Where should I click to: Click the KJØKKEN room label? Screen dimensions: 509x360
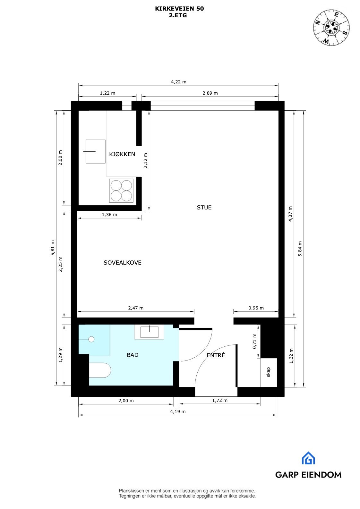click(x=122, y=154)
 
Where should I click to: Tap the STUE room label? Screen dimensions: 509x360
click(x=204, y=208)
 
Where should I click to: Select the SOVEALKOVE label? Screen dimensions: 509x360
click(x=122, y=263)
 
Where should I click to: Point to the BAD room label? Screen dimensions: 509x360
click(x=133, y=355)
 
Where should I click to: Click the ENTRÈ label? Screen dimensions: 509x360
click(x=216, y=355)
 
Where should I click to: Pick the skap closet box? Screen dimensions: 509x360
click(x=269, y=372)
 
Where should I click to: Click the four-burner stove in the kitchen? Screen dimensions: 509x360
click(x=121, y=191)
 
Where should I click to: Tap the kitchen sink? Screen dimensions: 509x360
click(x=96, y=151)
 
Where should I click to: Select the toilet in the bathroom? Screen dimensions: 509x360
click(x=100, y=370)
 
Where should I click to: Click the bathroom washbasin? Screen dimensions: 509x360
click(x=150, y=332)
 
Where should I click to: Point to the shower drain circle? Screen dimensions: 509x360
click(x=91, y=339)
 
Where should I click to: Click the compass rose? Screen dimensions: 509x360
click(x=331, y=28)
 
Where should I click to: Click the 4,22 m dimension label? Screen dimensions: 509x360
click(x=178, y=82)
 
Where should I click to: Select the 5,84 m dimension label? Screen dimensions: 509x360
click(x=300, y=249)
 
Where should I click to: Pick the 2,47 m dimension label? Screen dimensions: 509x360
click(x=136, y=308)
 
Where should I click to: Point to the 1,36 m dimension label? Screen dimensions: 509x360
click(x=109, y=215)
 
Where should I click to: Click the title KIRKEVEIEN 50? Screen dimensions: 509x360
click(x=179, y=9)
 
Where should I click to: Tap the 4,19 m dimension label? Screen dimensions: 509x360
click(x=178, y=411)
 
